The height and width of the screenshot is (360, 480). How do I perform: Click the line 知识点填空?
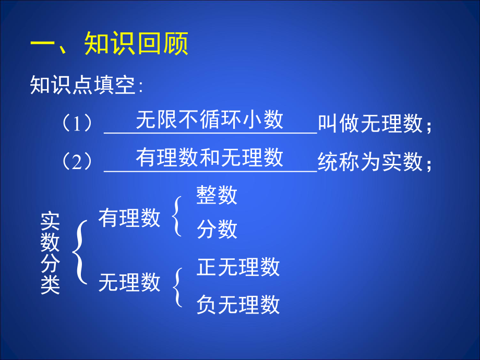pyautogui.click(x=87, y=85)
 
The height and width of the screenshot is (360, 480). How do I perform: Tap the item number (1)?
pyautogui.click(x=78, y=124)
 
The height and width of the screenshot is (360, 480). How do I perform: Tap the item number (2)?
pyautogui.click(x=78, y=162)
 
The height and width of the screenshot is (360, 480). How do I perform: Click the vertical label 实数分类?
pyautogui.click(x=51, y=254)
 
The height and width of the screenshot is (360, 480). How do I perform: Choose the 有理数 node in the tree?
pyautogui.click(x=129, y=218)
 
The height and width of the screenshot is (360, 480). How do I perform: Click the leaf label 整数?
pyautogui.click(x=217, y=195)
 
